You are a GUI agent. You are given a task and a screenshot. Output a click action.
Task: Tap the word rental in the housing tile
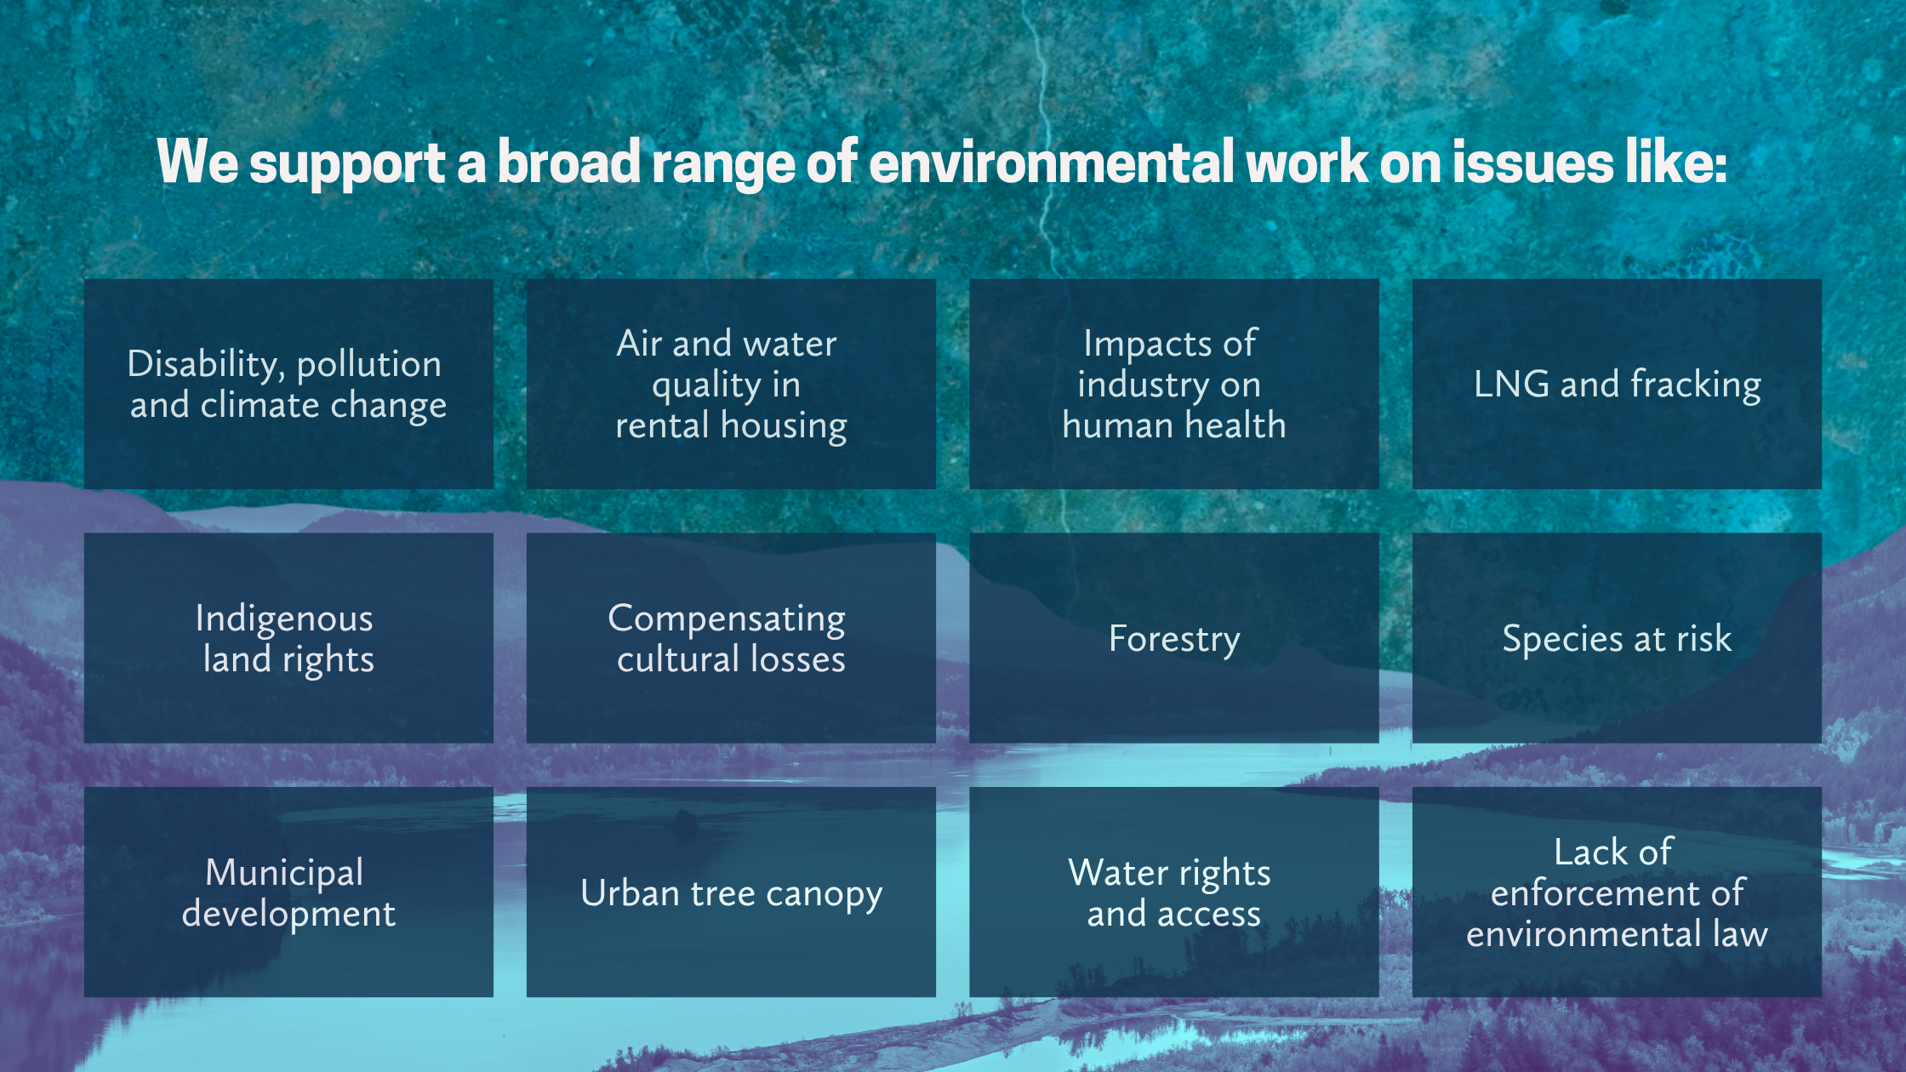click(x=663, y=425)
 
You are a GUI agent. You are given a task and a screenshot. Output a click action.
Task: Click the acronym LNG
click(x=1512, y=384)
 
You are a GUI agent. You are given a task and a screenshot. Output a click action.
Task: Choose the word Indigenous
click(x=284, y=619)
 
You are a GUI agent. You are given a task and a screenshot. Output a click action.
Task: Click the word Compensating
click(x=727, y=619)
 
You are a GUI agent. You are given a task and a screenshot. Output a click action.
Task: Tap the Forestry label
click(x=1174, y=640)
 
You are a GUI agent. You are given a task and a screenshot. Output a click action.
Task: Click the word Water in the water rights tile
click(x=1117, y=873)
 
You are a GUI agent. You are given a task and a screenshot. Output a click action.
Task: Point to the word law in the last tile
click(x=1740, y=933)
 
